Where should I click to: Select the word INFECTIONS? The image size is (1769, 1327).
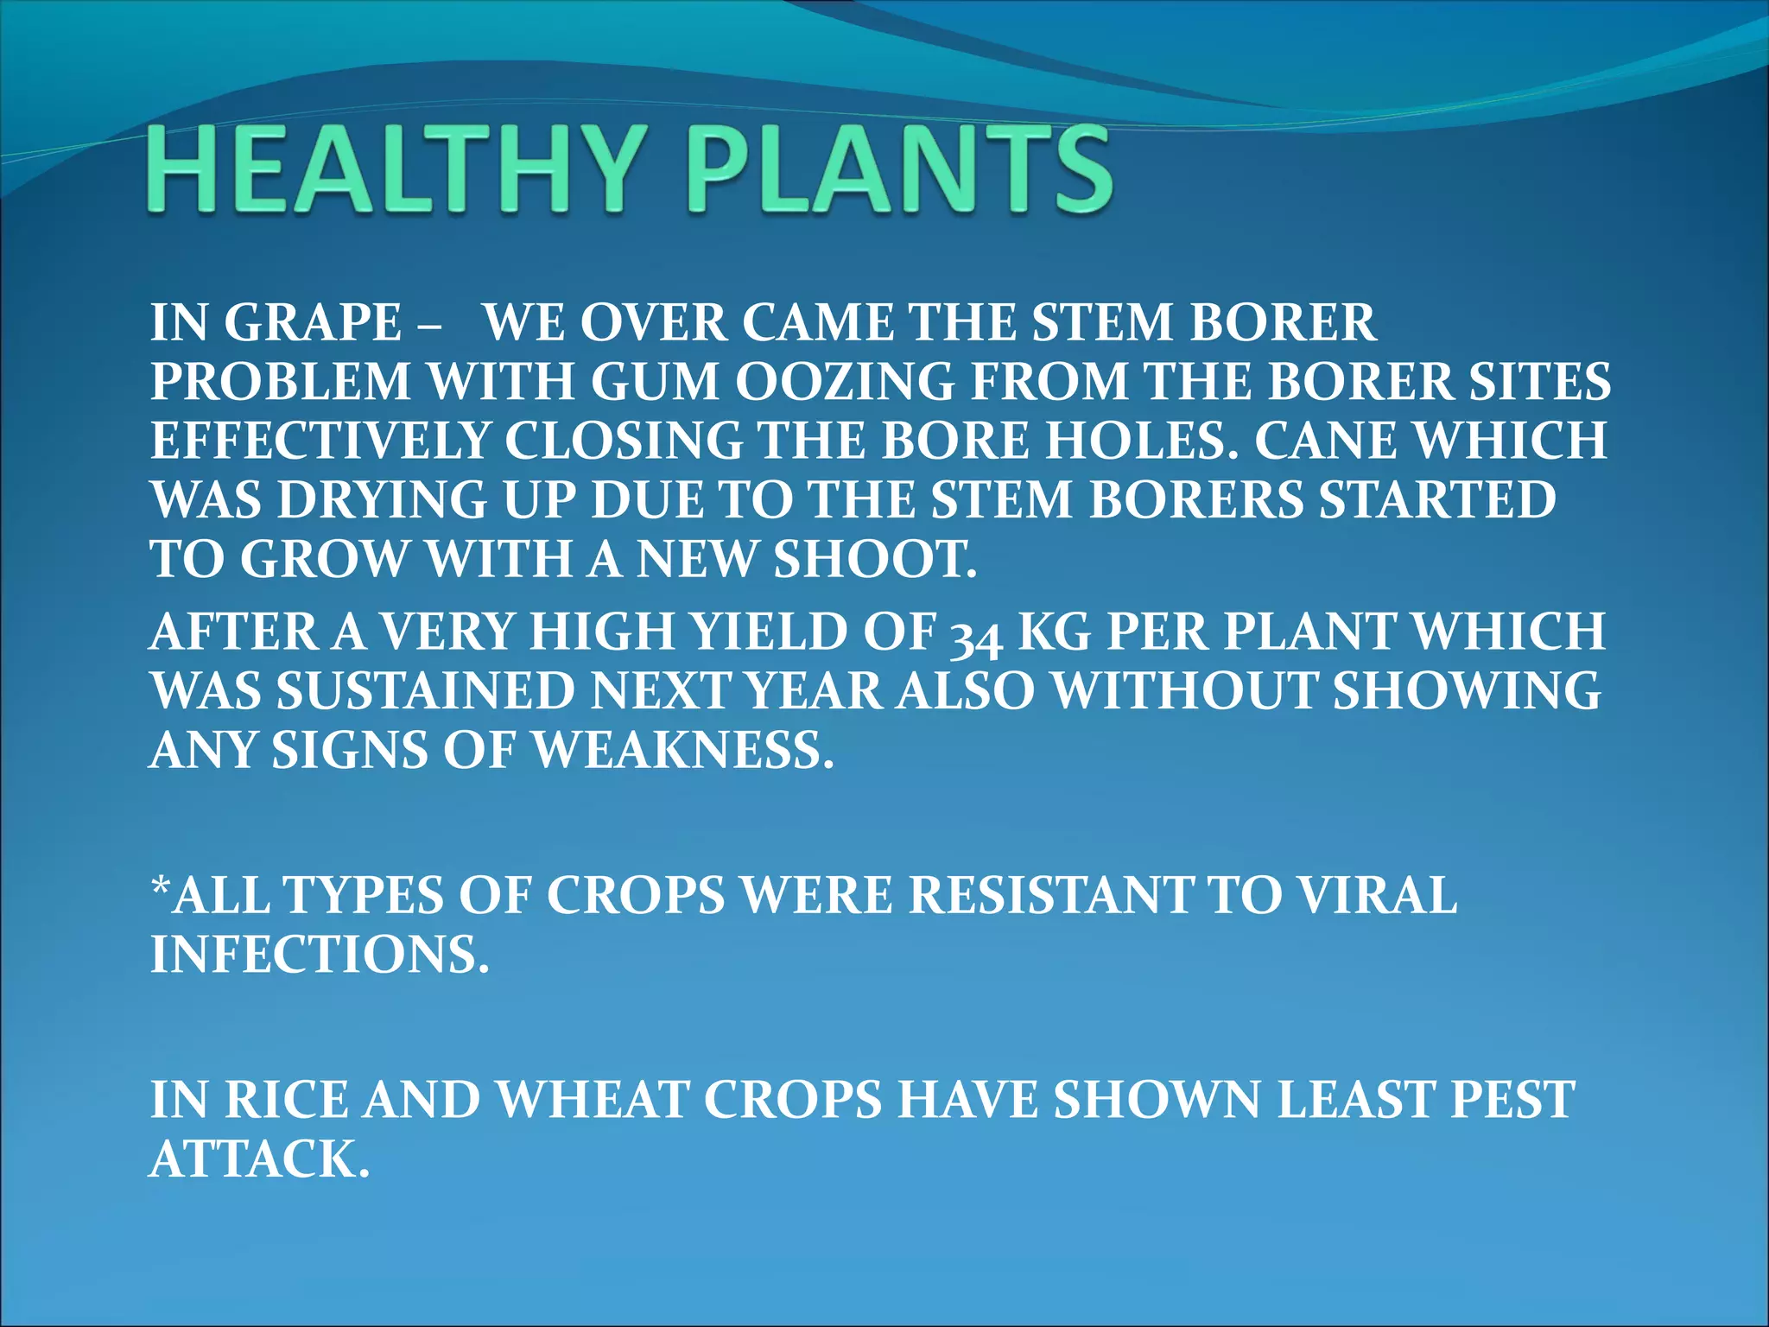(x=320, y=955)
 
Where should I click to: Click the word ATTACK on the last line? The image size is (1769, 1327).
(x=259, y=1159)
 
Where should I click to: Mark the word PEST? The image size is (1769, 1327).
(x=1512, y=1100)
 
